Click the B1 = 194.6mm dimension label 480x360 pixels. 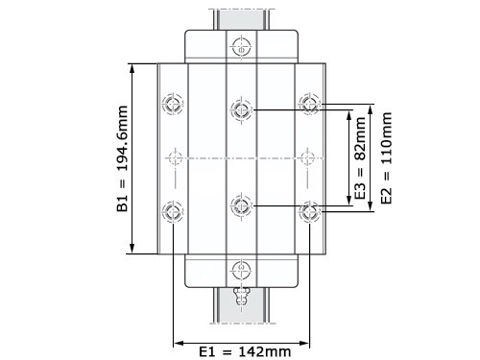pos(122,158)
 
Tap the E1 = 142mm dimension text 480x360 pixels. pos(245,351)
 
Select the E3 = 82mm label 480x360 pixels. pos(360,158)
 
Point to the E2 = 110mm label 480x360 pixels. pos(386,158)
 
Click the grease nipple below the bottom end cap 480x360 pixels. pos(241,296)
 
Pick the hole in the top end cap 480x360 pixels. pos(241,47)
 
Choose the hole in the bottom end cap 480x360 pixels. pos(241,270)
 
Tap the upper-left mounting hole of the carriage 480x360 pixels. pos(173,104)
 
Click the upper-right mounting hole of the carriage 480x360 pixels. pos(309,104)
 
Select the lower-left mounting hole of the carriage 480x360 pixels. pos(173,211)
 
